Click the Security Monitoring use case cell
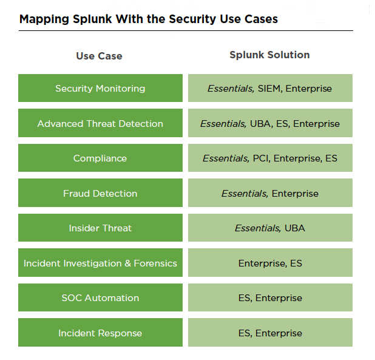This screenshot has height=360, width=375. (x=100, y=88)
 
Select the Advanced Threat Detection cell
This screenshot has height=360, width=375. (x=100, y=123)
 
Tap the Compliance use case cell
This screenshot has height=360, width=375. (x=100, y=158)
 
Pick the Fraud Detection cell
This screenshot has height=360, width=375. (x=100, y=193)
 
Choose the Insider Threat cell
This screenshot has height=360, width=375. (x=100, y=228)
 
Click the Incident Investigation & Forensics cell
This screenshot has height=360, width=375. (x=100, y=263)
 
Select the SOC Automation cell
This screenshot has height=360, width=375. (x=100, y=297)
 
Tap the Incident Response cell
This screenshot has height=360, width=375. (x=100, y=333)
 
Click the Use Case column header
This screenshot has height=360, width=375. (x=100, y=56)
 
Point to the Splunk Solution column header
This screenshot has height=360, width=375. (x=270, y=55)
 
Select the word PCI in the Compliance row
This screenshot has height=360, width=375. (x=260, y=158)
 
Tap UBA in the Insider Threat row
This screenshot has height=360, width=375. (x=295, y=228)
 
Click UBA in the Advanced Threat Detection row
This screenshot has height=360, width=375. (x=260, y=124)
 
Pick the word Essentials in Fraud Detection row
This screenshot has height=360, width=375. (x=245, y=194)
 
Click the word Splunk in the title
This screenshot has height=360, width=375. (x=92, y=19)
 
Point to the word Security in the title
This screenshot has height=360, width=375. (x=192, y=19)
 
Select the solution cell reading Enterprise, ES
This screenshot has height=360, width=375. (x=270, y=263)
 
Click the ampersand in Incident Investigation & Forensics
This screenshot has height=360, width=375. (x=127, y=263)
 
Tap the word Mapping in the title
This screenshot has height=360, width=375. (x=44, y=19)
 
